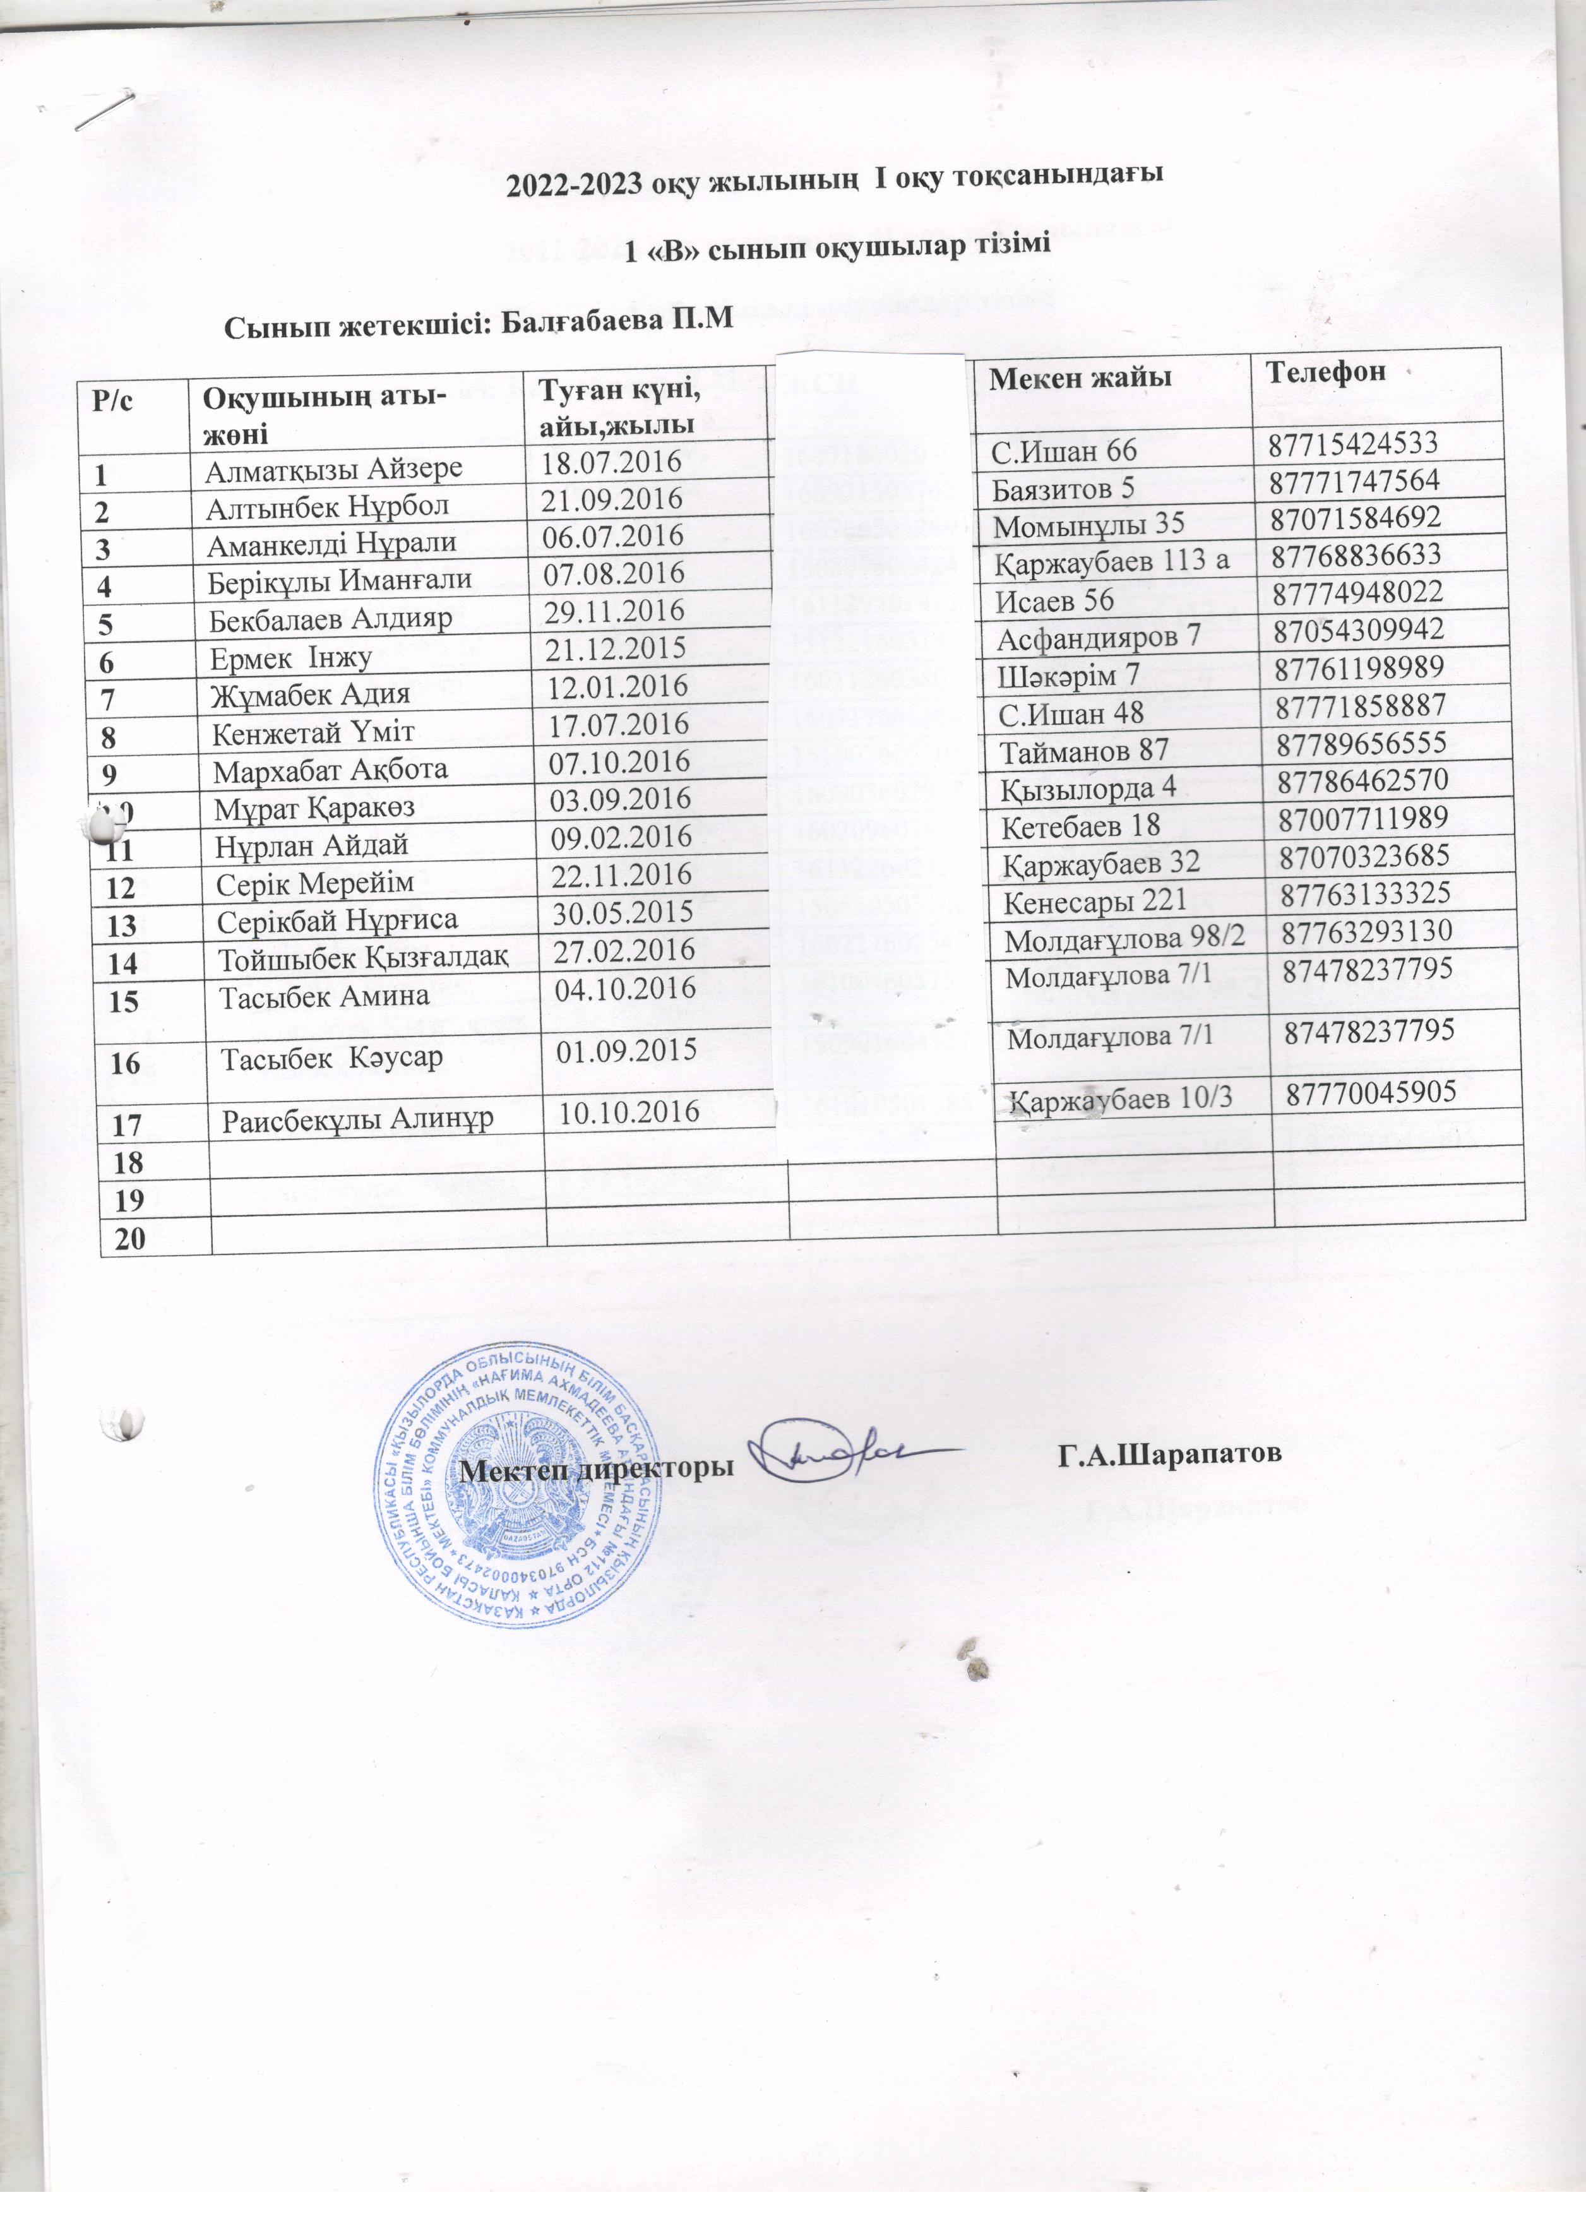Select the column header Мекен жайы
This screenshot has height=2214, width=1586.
click(x=1080, y=378)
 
